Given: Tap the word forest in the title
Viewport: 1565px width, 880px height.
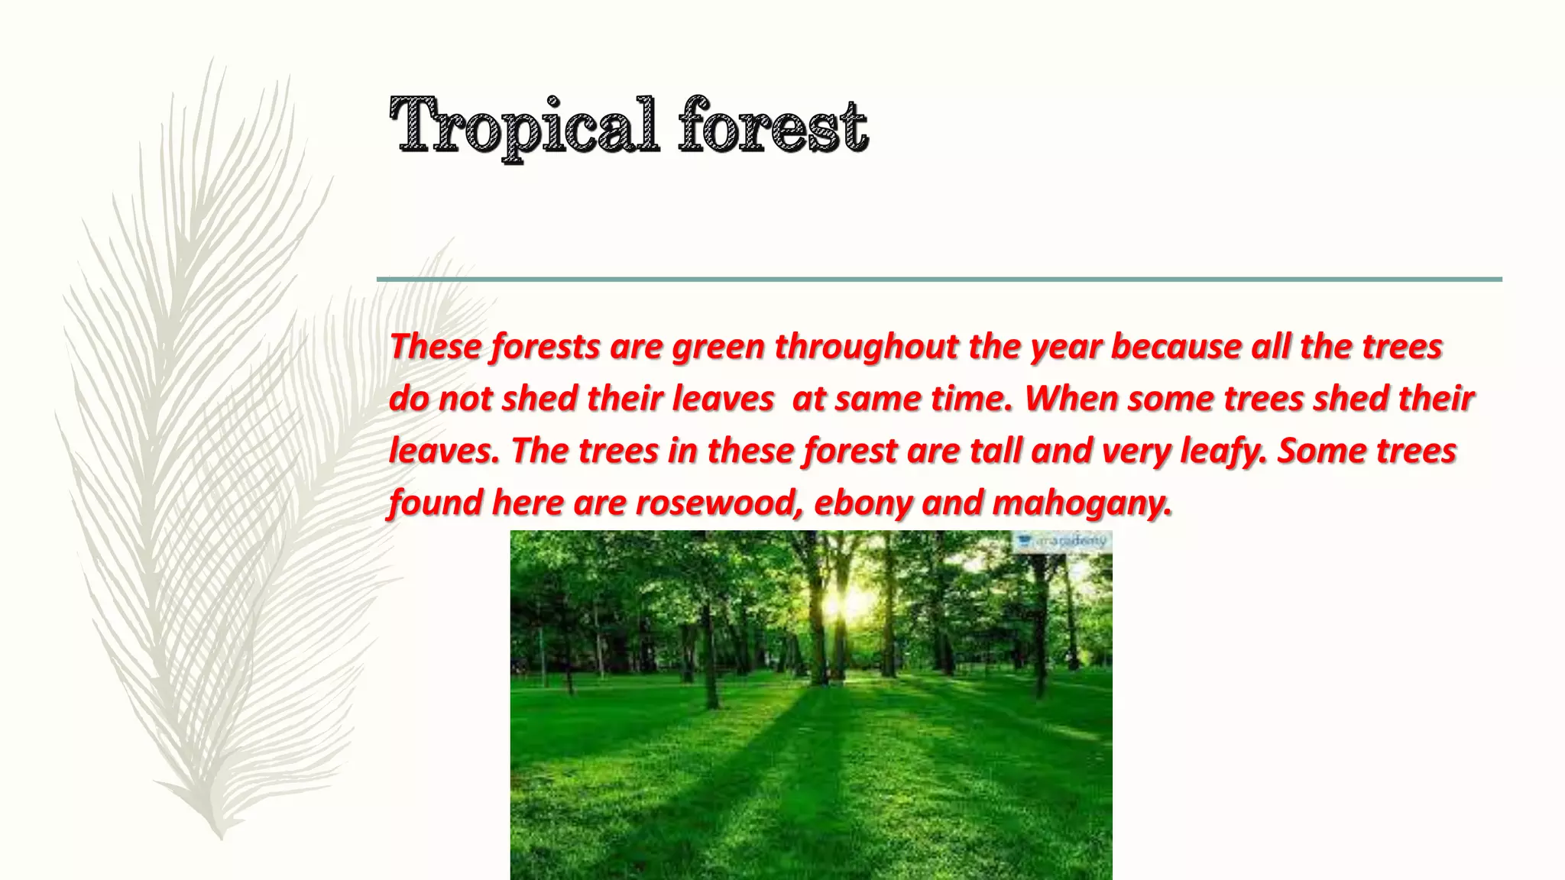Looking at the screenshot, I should point(773,125).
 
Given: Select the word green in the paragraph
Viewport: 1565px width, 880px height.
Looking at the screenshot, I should point(718,348).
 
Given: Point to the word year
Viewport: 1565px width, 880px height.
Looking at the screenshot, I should point(1065,348).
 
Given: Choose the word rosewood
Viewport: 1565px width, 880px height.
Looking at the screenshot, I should point(719,503).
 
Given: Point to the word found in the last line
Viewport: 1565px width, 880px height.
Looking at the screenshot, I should point(435,503).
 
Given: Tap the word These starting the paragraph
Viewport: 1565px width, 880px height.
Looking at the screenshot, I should point(436,348).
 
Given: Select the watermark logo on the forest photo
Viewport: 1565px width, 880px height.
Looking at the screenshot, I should point(1061,541).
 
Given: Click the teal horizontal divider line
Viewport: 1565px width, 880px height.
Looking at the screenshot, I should point(939,280).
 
